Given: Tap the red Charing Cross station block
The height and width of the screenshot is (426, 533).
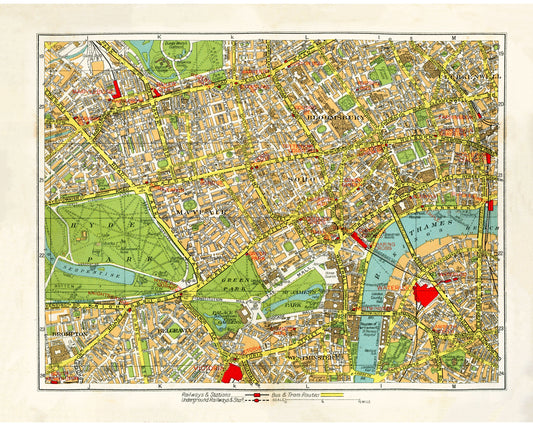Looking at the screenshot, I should click(x=358, y=239).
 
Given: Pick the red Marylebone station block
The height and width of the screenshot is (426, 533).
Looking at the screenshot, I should click(x=118, y=88).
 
